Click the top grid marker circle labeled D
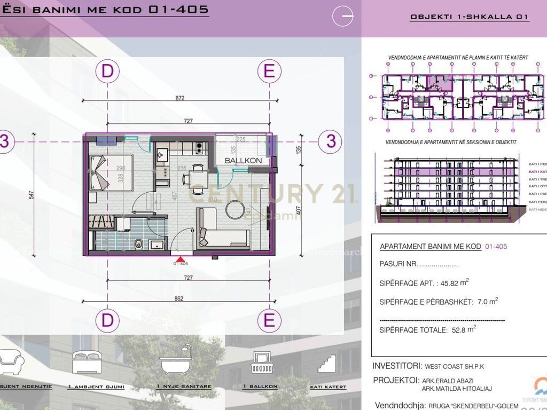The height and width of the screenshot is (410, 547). coord(108,71)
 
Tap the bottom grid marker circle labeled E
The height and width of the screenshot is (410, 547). coord(269,320)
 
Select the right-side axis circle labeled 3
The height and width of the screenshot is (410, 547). coord(331,141)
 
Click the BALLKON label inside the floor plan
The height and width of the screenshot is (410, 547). coord(243,160)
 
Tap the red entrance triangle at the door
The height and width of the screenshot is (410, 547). coord(181,258)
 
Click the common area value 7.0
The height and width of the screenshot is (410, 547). coord(483,302)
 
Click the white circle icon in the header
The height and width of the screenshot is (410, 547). coord(342,17)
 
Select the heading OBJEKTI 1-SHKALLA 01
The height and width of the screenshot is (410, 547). coord(469,17)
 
